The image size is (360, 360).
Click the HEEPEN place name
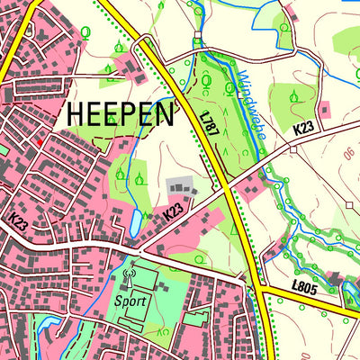[x=120, y=115]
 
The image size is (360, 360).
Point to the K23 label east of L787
[x=302, y=129]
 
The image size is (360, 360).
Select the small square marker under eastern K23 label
[x=292, y=148]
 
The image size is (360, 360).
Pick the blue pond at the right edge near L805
[x=351, y=290]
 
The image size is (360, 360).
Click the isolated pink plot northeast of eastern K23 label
[x=325, y=110]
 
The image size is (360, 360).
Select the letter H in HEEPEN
[x=74, y=115]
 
